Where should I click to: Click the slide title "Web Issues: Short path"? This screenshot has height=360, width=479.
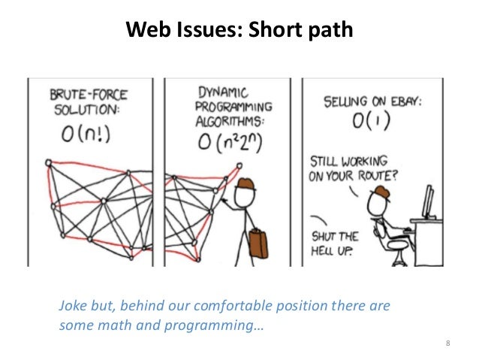[238, 29]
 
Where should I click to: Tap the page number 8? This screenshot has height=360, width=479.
[447, 344]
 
